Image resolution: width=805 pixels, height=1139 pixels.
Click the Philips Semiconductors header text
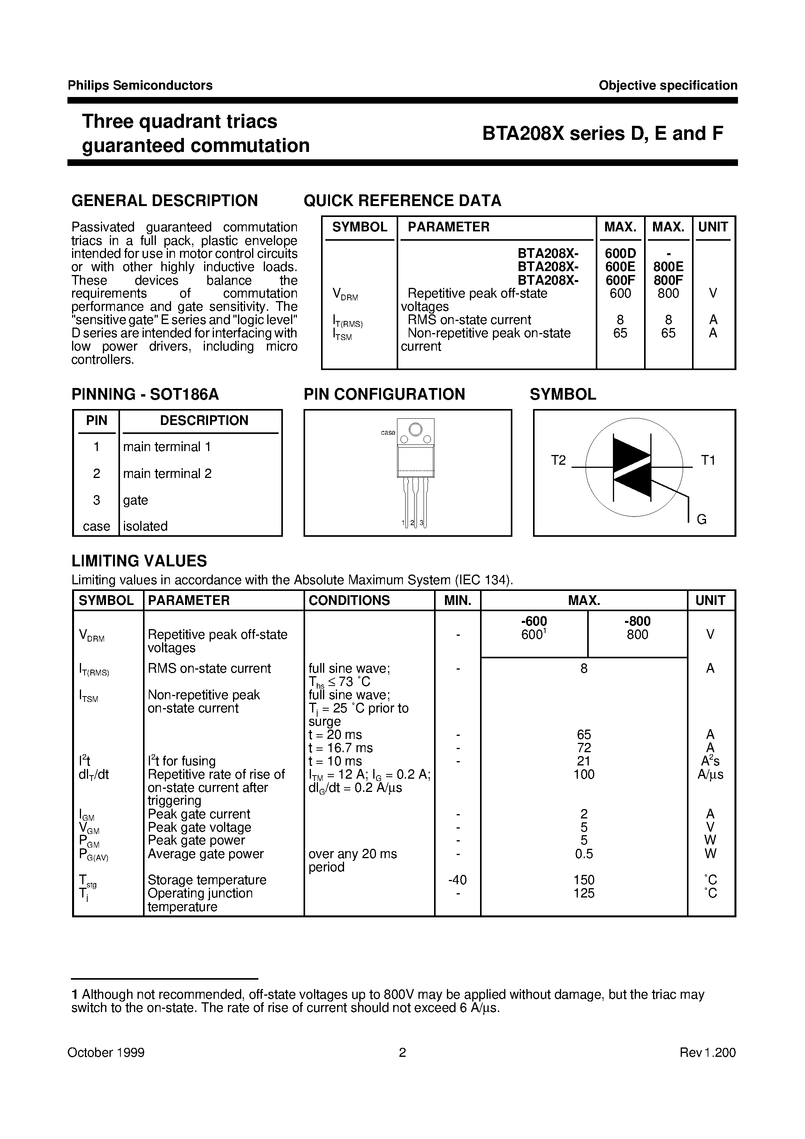coord(140,85)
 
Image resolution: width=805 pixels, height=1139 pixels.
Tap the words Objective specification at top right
coord(667,85)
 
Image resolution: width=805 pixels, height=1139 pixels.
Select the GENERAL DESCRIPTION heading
coord(164,201)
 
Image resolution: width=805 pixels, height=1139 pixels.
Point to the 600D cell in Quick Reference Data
coord(620,254)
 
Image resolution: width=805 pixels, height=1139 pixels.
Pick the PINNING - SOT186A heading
coord(145,394)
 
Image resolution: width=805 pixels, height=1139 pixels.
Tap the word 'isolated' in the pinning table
coord(145,526)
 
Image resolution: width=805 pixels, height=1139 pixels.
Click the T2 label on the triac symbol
coord(558,460)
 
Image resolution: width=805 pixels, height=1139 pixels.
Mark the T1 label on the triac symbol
coord(708,460)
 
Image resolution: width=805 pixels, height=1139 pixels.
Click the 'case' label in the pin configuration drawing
coord(388,433)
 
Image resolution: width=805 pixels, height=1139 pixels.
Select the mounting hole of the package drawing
coord(416,428)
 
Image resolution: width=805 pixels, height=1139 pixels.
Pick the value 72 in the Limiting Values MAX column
coord(584,748)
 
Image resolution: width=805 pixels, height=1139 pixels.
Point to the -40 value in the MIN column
coord(457,880)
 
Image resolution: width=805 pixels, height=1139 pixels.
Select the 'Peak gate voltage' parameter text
coord(199,827)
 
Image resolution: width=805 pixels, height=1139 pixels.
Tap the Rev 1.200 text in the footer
coord(707,1052)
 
